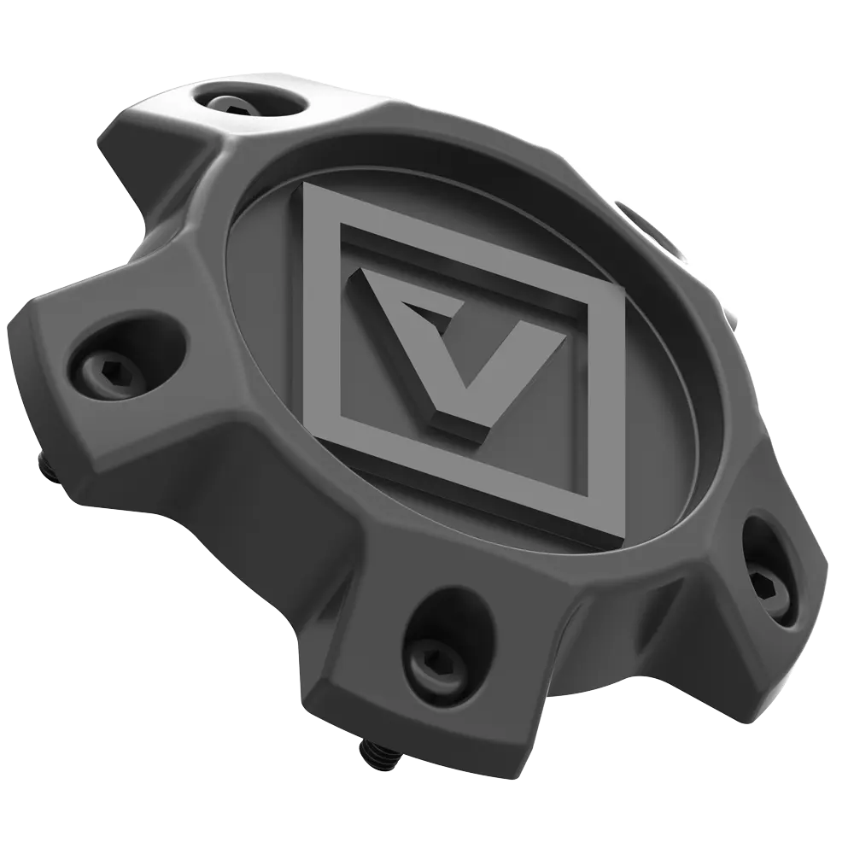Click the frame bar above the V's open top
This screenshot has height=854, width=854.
(461, 243)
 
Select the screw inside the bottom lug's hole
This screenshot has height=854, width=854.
(436, 654)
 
